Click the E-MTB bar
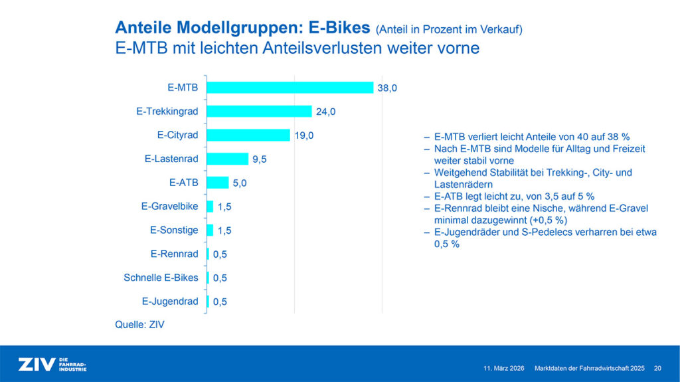click(290, 88)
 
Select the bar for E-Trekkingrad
click(259, 112)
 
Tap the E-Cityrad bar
click(248, 135)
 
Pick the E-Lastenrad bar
click(227, 159)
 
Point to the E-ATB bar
click(217, 183)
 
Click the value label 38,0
click(387, 88)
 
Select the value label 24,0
click(325, 112)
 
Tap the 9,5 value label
click(260, 159)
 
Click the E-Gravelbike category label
click(169, 206)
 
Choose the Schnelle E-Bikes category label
click(161, 278)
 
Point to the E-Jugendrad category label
click(170, 301)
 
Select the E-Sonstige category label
click(174, 230)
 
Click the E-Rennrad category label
click(175, 254)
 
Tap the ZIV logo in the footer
click(52, 365)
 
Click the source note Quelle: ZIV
click(139, 325)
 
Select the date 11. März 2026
click(503, 369)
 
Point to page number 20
click(657, 369)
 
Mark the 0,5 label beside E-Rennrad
click(220, 254)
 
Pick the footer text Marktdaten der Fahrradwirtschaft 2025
click(590, 369)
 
